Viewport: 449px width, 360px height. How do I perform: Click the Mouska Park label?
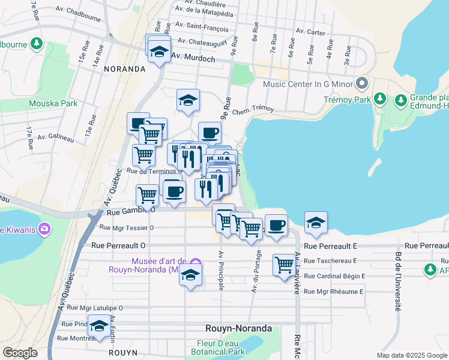click(53, 103)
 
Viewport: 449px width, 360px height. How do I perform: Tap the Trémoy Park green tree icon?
click(380, 98)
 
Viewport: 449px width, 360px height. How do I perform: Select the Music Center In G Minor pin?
click(361, 82)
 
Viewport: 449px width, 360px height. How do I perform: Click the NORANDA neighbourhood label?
click(125, 69)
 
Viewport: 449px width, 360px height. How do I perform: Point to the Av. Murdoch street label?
click(193, 58)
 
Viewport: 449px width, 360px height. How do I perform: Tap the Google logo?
click(20, 353)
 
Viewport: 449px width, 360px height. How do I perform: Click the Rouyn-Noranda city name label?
click(238, 329)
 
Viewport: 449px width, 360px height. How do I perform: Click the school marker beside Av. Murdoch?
click(160, 52)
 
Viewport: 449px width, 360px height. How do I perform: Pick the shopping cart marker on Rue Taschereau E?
click(284, 265)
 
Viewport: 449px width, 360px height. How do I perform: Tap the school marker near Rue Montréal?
click(100, 325)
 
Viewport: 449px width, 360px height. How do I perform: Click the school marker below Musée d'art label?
click(190, 275)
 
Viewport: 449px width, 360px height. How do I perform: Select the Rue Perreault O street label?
click(119, 245)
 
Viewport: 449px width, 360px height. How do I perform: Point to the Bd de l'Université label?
click(397, 281)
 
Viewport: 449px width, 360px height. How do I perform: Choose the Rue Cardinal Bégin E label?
click(334, 276)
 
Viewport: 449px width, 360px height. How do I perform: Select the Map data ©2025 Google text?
click(411, 355)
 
